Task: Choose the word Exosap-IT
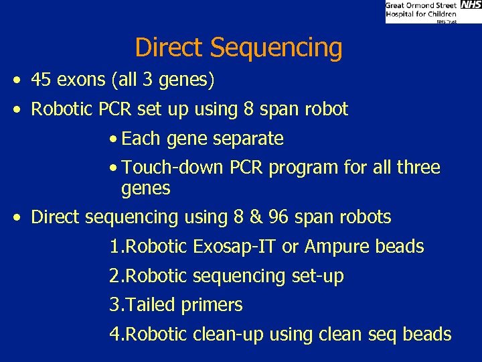click(x=235, y=247)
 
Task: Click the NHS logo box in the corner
click(x=471, y=5)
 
